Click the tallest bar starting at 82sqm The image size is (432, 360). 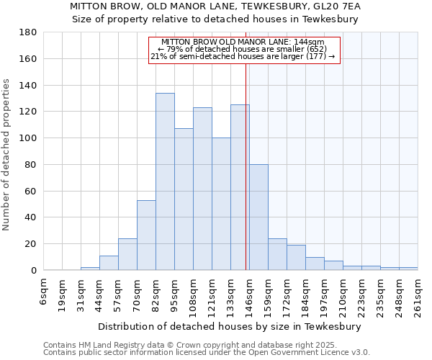[165, 181]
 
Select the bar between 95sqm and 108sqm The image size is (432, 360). [184, 199]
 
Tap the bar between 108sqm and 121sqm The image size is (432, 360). [202, 189]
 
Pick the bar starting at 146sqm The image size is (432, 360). [258, 217]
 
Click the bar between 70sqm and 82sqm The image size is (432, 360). [146, 235]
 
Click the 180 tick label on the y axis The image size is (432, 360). [28, 32]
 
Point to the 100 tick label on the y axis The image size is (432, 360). [28, 138]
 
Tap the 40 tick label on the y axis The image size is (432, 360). [31, 217]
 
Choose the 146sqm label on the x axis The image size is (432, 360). [250, 295]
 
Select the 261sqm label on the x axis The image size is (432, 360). [418, 295]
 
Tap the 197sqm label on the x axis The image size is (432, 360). [325, 295]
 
